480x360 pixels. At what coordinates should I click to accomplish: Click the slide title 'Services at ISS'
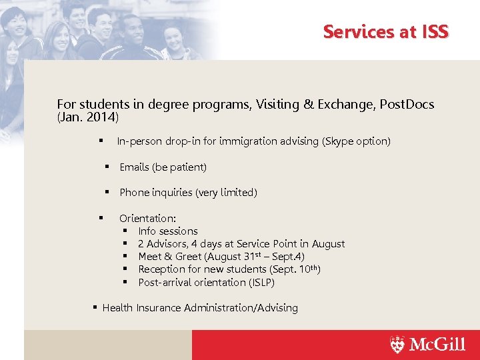(385, 31)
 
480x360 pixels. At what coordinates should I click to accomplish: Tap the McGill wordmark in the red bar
(437, 345)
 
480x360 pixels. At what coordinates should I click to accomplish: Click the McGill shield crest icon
(397, 345)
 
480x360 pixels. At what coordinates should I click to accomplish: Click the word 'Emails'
(134, 167)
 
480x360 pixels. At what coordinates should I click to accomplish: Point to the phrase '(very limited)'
(226, 193)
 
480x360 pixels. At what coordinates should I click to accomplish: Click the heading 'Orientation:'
(147, 218)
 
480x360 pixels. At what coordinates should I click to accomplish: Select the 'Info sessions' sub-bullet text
(168, 231)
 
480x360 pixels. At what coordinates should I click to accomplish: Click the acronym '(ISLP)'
(261, 283)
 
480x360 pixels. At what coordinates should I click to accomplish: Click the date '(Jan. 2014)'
(88, 117)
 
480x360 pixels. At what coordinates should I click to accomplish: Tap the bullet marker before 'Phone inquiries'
(106, 192)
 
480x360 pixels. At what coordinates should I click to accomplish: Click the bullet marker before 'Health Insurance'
(95, 307)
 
